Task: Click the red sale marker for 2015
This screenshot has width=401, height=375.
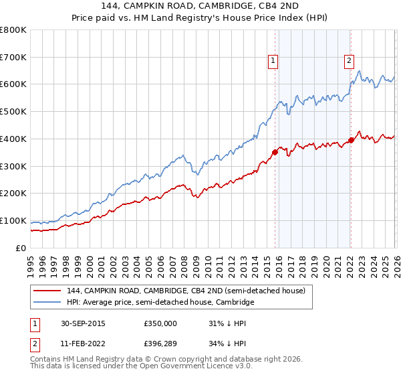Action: [275, 152]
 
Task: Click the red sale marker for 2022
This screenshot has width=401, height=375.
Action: [350, 140]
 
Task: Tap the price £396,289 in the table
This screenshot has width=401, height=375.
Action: [160, 345]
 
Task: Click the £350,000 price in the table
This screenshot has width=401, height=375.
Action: [160, 323]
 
